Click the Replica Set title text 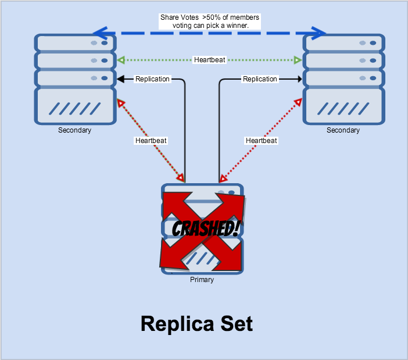click(x=196, y=323)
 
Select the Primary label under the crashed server click(x=202, y=280)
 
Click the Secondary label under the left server click(x=74, y=130)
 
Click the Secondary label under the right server click(x=343, y=130)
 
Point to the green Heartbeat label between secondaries click(x=210, y=60)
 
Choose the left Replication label click(x=152, y=79)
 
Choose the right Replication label click(x=260, y=79)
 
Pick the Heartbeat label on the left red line click(x=151, y=141)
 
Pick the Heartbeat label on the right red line click(x=262, y=141)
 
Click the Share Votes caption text click(x=210, y=22)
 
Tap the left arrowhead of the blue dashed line click(x=102, y=33)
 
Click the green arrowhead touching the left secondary click(x=120, y=60)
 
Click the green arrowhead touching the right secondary click(x=298, y=60)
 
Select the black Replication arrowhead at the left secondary click(x=120, y=79)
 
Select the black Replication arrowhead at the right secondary click(x=299, y=79)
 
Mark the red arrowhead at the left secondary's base click(x=121, y=103)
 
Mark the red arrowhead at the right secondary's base click(x=298, y=103)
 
